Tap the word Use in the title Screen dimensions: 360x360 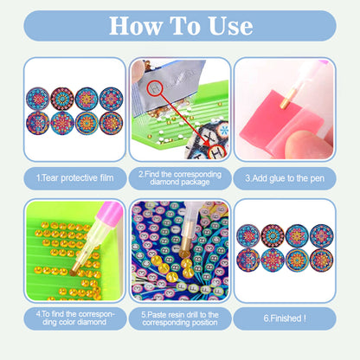226,25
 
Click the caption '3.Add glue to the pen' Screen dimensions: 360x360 284,177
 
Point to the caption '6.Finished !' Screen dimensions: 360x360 284,318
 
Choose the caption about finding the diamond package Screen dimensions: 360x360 180,177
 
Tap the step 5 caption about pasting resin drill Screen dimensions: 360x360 180,318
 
